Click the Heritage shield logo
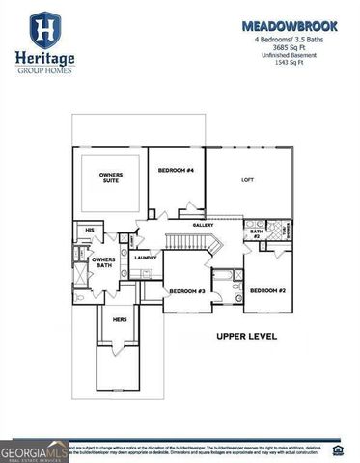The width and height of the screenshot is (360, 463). [43, 30]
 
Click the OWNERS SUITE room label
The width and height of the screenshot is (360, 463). [111, 178]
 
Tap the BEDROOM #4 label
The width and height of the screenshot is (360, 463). [176, 170]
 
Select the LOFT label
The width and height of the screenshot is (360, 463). [247, 180]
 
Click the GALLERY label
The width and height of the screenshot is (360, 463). [203, 224]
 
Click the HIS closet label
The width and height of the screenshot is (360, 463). [89, 231]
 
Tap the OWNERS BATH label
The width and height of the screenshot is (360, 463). [103, 263]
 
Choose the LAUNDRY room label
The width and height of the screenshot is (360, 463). [145, 258]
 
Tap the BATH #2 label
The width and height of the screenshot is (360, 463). [257, 233]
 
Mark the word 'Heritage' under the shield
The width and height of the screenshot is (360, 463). [43, 59]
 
